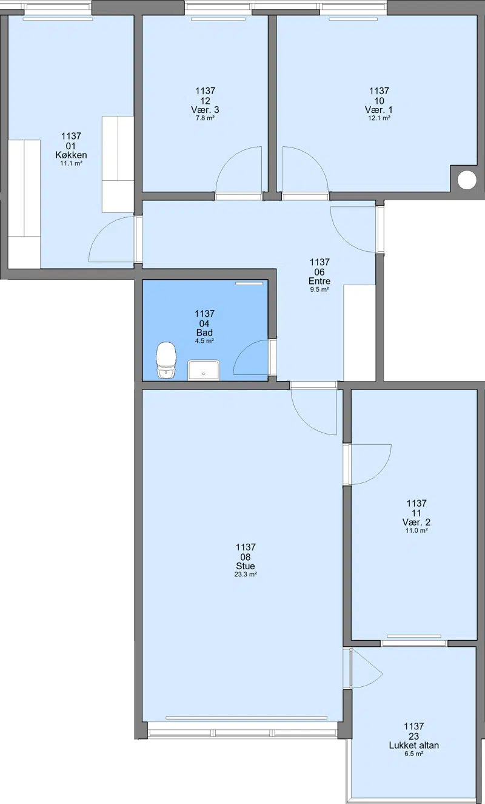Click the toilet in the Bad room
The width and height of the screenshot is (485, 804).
click(166, 360)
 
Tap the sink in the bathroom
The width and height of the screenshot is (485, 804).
click(204, 370)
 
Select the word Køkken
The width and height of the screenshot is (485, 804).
click(71, 155)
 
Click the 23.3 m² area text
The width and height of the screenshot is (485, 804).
click(246, 574)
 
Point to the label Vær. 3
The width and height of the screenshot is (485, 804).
click(205, 110)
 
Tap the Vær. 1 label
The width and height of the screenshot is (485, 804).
click(379, 110)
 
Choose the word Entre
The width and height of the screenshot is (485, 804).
click(319, 281)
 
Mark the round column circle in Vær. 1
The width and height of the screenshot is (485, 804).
click(467, 180)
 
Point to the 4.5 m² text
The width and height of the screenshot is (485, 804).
click(204, 341)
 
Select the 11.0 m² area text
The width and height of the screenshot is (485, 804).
click(416, 530)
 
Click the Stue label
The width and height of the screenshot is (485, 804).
click(246, 566)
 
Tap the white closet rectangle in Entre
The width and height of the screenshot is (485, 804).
click(360, 333)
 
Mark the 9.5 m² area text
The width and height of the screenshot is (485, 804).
click(319, 289)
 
